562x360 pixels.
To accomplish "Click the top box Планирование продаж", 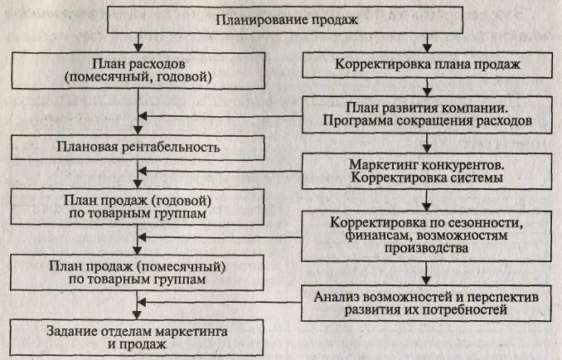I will coord(281,20).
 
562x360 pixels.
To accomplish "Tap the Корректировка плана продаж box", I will coord(427,64).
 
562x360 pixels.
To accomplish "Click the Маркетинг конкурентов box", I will coord(427,170).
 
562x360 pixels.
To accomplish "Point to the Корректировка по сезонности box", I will coord(427,236).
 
